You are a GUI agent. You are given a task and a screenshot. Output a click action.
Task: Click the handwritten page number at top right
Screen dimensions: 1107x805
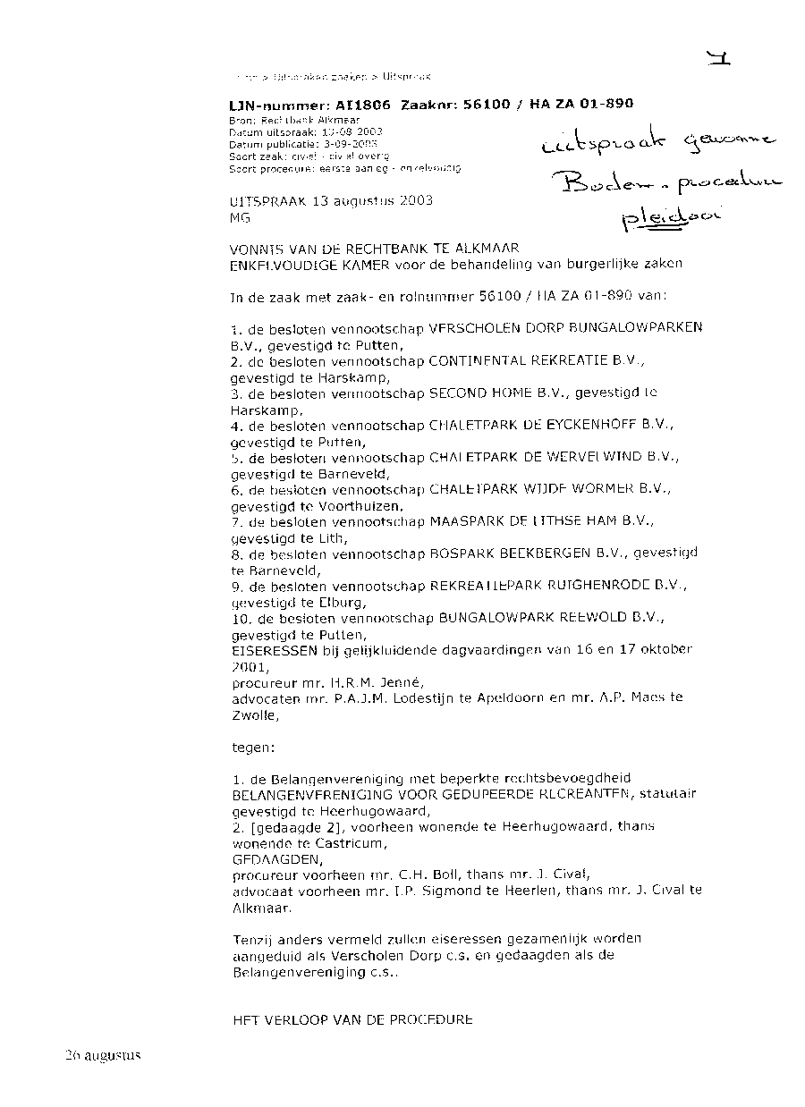click(718, 61)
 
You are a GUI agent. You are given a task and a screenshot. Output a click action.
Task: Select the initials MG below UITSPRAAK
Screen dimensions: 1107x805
click(240, 217)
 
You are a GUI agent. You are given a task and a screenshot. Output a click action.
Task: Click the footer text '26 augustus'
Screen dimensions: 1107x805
click(103, 1055)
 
